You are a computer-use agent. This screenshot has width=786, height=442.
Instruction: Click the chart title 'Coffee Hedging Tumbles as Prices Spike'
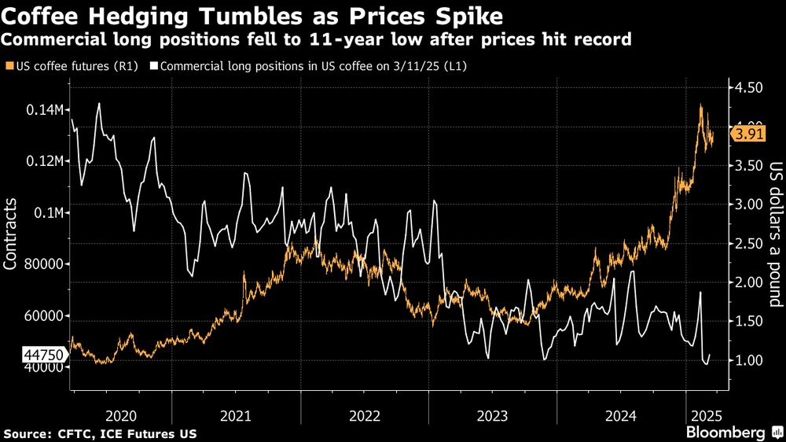(254, 15)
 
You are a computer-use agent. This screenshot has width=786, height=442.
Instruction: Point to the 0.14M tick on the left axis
(45, 110)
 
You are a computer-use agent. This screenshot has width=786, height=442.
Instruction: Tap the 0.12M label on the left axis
(45, 161)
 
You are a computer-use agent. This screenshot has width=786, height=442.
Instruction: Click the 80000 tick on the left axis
(44, 265)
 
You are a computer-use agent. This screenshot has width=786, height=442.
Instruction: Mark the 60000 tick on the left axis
(44, 316)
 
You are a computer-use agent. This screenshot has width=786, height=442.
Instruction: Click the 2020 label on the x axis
(121, 414)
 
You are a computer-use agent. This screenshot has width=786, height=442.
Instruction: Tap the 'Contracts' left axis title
(11, 234)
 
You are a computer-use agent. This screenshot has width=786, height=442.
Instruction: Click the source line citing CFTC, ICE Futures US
(100, 434)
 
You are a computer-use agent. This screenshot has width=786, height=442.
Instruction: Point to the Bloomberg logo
(725, 433)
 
